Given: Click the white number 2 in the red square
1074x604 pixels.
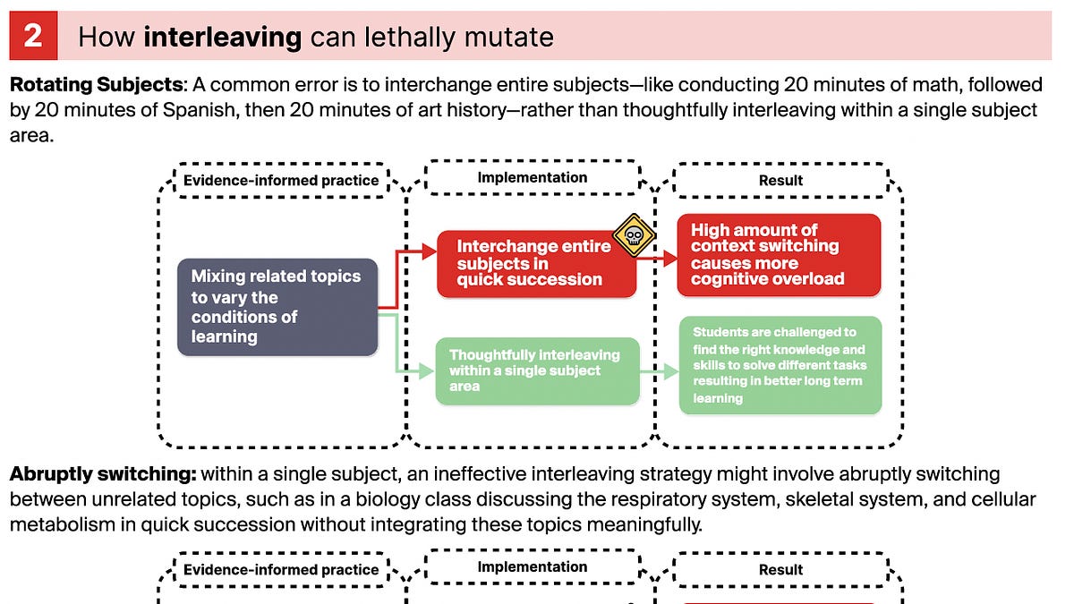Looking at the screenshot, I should (x=33, y=36).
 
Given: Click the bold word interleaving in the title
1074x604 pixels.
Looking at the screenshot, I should (x=222, y=37).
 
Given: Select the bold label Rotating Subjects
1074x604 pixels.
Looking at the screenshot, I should (x=96, y=85).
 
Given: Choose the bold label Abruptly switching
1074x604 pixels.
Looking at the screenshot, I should (x=103, y=474).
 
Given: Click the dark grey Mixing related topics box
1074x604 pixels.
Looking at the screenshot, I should (x=277, y=307).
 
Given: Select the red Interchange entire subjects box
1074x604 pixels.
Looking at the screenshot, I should (x=536, y=263).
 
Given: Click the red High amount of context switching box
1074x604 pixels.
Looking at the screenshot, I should (x=779, y=255).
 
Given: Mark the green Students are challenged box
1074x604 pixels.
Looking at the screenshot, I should (x=780, y=365).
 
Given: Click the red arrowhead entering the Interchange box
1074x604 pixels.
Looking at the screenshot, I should (x=430, y=253).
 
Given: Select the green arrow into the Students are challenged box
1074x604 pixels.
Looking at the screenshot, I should (x=670, y=371).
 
